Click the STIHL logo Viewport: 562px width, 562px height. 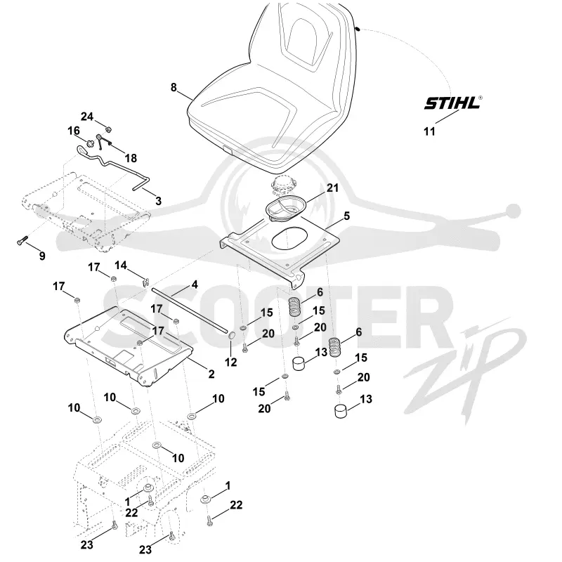pos(452,103)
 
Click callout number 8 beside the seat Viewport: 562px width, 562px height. pos(174,87)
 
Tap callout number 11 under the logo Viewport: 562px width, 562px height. pos(429,131)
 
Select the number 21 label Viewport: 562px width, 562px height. pos(332,188)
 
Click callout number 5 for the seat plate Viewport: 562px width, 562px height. pos(346,216)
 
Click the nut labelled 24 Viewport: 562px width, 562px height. pos(107,128)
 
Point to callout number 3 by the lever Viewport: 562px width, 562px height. pos(159,201)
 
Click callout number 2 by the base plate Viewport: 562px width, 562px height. pos(211,374)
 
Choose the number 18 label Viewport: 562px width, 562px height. pos(131,158)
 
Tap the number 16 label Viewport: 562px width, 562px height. pos(74,131)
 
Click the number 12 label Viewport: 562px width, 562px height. pos(231,362)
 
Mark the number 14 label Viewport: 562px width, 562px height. pos(121,266)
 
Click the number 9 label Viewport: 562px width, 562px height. pos(42,256)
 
